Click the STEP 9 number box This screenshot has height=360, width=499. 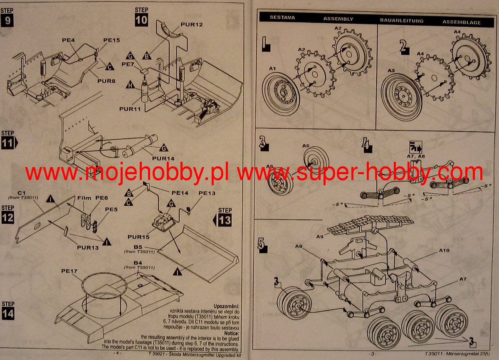[7, 20]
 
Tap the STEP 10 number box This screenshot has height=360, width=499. [141, 20]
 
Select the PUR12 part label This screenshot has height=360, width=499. [192, 25]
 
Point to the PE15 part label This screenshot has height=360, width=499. [111, 40]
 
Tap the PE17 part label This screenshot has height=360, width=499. [69, 271]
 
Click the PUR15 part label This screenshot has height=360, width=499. [138, 237]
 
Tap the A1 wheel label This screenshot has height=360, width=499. [272, 68]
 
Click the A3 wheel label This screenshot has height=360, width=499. [390, 71]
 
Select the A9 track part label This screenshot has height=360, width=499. [319, 237]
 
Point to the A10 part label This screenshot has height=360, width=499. [444, 251]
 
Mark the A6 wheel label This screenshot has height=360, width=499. [306, 146]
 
